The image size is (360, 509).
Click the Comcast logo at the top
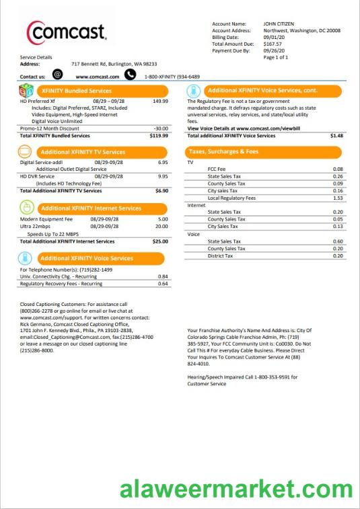coord(66,32)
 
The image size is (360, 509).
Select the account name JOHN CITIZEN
coord(279,24)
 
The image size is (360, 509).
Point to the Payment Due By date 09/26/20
coord(273,50)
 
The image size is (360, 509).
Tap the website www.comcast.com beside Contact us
coord(97,77)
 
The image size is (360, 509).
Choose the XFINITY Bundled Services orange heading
coord(75,90)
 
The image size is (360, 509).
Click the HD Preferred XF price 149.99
coord(160,101)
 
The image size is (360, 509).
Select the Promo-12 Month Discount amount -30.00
coord(161,128)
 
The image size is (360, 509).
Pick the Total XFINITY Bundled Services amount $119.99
coord(159,135)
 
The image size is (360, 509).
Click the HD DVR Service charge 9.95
coord(162,176)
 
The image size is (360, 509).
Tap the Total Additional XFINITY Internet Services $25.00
coord(160,241)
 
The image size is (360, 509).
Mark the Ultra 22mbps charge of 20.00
coord(162,227)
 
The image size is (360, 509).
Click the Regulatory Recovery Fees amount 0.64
coord(163,284)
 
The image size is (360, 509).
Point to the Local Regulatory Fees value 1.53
coord(338,198)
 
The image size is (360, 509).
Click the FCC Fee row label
coord(217,169)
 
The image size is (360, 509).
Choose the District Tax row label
coord(220,256)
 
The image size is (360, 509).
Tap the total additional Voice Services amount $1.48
coord(336,135)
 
